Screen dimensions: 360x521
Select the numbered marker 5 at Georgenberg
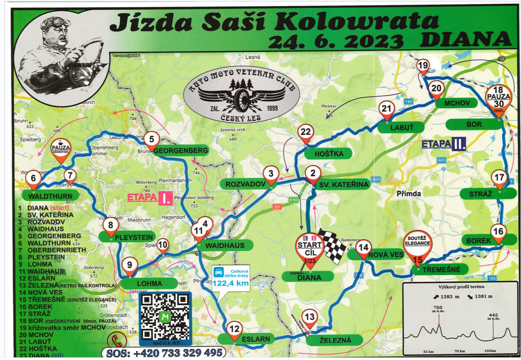coord(152,139)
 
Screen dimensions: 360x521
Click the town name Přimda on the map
coord(409,194)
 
